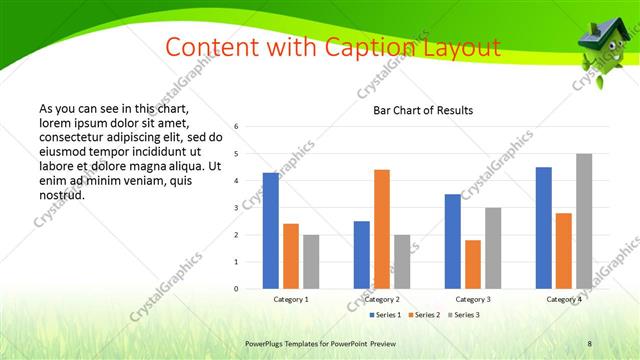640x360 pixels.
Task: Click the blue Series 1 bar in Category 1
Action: click(271, 231)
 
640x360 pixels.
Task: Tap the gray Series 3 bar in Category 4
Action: click(584, 221)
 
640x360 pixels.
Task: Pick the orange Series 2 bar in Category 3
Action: click(473, 264)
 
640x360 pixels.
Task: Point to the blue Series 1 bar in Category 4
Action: click(543, 228)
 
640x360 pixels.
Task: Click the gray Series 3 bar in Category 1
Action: click(311, 262)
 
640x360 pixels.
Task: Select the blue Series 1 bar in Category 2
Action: click(362, 255)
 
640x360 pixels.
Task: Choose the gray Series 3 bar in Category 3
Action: click(493, 248)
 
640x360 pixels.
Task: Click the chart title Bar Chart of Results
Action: click(423, 110)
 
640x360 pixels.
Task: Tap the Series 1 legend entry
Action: click(387, 315)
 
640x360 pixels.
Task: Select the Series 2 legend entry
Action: click(427, 315)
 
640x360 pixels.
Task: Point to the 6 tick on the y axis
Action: click(236, 127)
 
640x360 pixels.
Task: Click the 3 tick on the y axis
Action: click(236, 208)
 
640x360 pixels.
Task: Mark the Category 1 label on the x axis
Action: click(291, 299)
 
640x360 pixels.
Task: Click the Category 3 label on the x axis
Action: click(473, 299)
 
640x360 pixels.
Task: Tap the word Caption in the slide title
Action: click(353, 46)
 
